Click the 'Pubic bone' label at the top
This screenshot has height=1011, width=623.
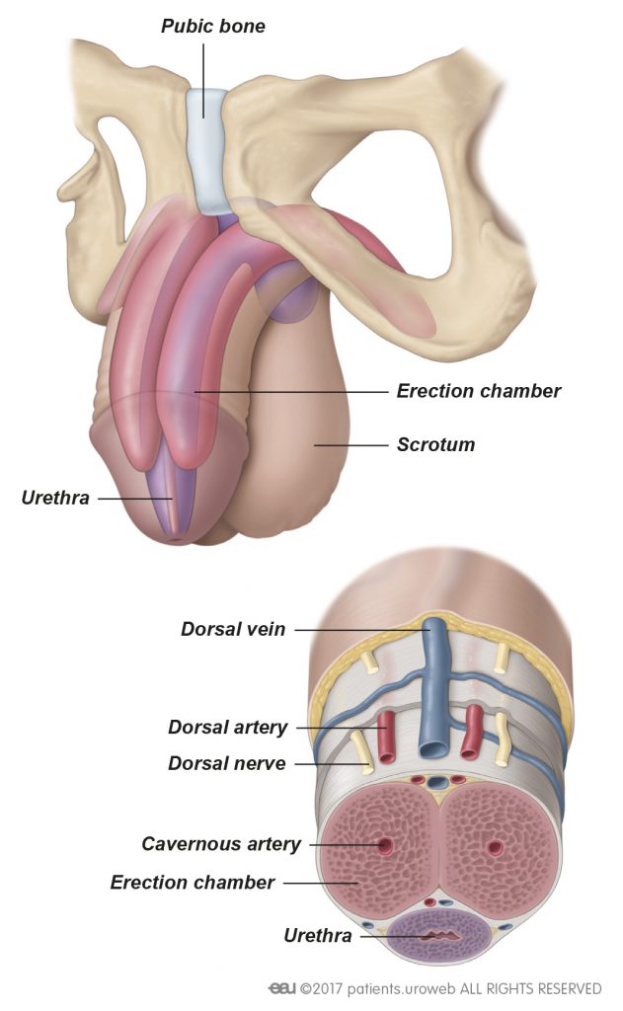point(212,27)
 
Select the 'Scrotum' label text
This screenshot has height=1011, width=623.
point(435,444)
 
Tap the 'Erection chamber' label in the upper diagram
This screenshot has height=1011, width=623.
point(478,391)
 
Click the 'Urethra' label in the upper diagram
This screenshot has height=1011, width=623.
point(54,498)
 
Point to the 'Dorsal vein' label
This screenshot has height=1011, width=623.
point(233,629)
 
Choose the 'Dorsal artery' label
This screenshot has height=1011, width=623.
point(227,728)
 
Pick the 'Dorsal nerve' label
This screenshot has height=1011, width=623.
point(226,763)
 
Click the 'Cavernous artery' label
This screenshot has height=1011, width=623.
point(220,844)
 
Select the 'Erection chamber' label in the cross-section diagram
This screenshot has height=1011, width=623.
point(192,882)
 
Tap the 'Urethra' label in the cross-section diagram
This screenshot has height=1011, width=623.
point(317,934)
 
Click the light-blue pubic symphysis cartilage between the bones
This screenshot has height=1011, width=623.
point(208,148)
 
